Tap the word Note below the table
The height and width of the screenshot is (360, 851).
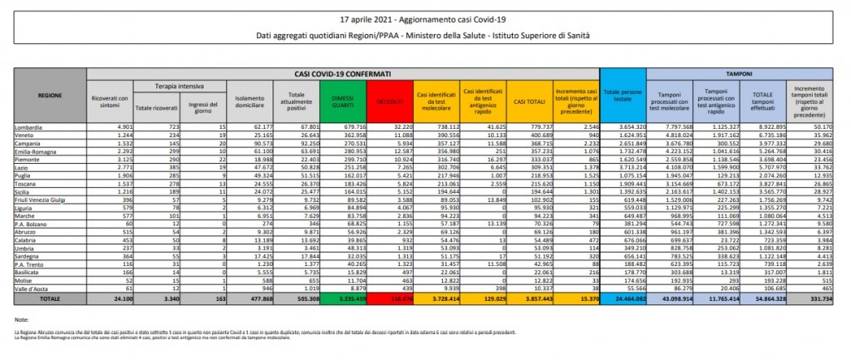[22, 317]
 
